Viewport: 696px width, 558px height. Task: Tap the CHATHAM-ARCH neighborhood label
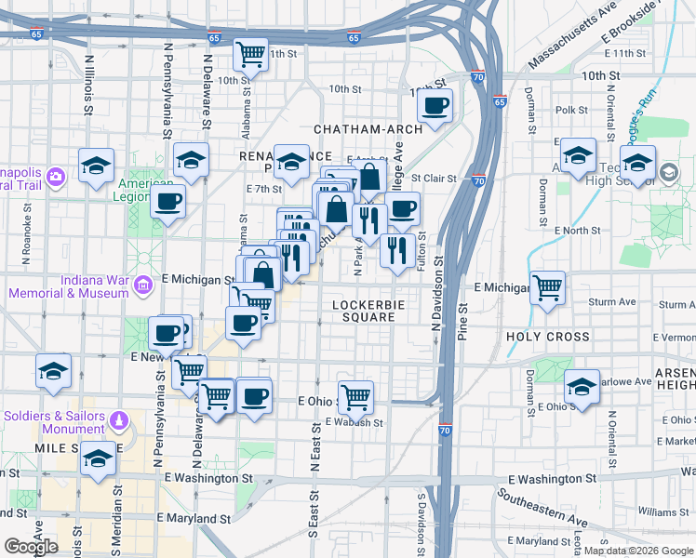pyautogui.click(x=368, y=129)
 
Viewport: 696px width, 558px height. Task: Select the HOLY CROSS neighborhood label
pyautogui.click(x=548, y=337)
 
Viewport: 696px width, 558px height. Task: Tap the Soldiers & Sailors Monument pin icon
pyautogui.click(x=117, y=422)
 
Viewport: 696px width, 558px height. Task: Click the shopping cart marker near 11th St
pyautogui.click(x=250, y=55)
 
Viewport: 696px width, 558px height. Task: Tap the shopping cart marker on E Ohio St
pyautogui.click(x=355, y=397)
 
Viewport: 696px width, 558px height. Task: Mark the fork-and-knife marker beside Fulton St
pyautogui.click(x=398, y=250)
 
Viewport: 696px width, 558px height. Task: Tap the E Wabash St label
pyautogui.click(x=354, y=422)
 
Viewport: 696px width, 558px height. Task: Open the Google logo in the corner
pyautogui.click(x=31, y=547)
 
